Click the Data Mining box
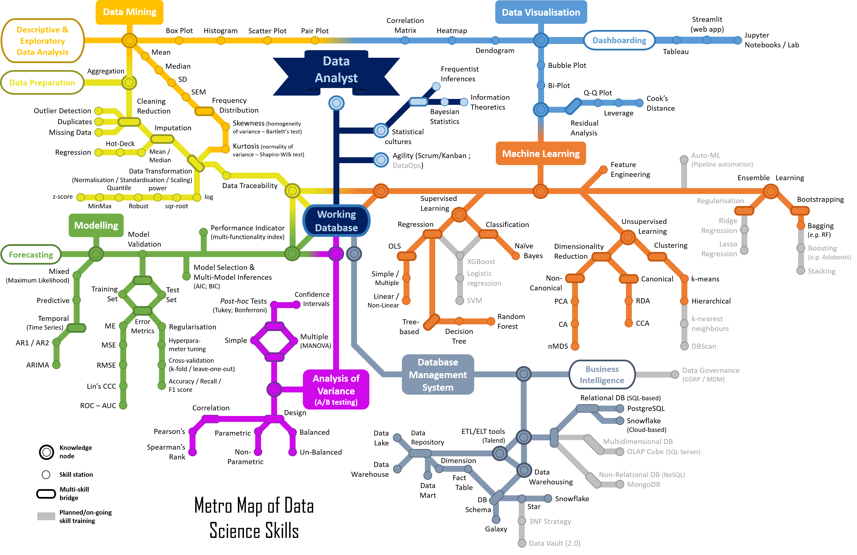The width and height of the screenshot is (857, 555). coord(129,12)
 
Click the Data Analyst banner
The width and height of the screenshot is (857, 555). coord(336,70)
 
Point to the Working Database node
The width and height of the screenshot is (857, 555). coord(336,221)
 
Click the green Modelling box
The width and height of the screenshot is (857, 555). coord(96,225)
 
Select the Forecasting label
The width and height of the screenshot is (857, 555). coord(31,255)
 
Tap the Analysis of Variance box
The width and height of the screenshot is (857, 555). coord(336,389)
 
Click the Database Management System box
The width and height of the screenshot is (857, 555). coord(437,375)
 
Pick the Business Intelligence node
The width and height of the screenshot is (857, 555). coord(602,375)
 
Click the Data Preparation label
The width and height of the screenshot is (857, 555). coord(42,83)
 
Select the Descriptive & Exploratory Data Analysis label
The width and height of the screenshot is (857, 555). coord(43,41)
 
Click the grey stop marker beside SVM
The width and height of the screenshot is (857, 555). coord(459,300)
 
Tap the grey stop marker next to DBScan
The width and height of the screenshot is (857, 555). coord(684,346)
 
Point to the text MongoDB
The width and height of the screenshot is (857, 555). coord(644,484)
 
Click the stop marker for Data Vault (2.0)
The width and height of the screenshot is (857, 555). coord(522,543)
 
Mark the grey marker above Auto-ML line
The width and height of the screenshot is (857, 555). coord(684,159)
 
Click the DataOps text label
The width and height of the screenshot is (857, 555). coord(407,166)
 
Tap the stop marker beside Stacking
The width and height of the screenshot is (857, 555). coord(800,271)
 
